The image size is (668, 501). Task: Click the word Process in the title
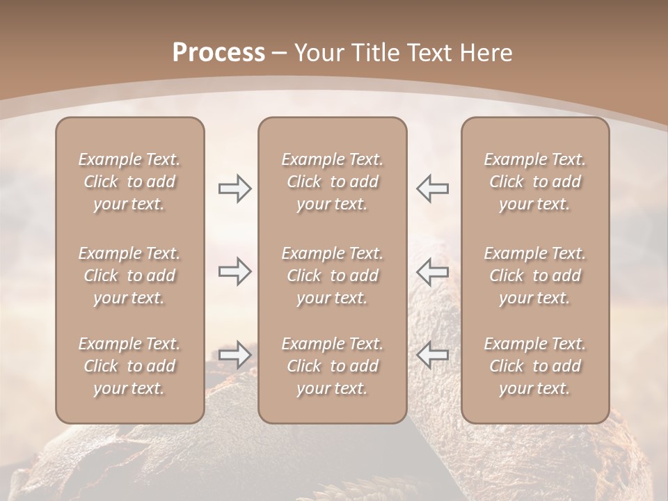pyautogui.click(x=218, y=52)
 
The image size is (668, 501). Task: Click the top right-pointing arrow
pyautogui.click(x=234, y=189)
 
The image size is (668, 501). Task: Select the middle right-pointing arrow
pyautogui.click(x=234, y=271)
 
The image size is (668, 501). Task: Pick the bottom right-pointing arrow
pyautogui.click(x=234, y=355)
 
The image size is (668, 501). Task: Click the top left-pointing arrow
pyautogui.click(x=433, y=189)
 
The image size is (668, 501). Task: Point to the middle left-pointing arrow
pyautogui.click(x=433, y=271)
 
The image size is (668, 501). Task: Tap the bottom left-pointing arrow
pyautogui.click(x=433, y=355)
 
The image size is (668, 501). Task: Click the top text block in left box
pyautogui.click(x=129, y=182)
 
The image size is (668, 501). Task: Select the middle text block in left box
pyautogui.click(x=129, y=276)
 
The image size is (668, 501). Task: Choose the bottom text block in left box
pyautogui.click(x=129, y=366)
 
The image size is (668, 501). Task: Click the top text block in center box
pyautogui.click(x=333, y=182)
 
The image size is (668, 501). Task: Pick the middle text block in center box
pyautogui.click(x=333, y=276)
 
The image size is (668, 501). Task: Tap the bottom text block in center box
pyautogui.click(x=333, y=366)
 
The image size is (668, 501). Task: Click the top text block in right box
pyautogui.click(x=535, y=182)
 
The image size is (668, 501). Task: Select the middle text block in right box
pyautogui.click(x=535, y=276)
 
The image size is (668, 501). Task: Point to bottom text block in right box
pyautogui.click(x=535, y=366)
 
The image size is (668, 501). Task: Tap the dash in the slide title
pyautogui.click(x=280, y=53)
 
